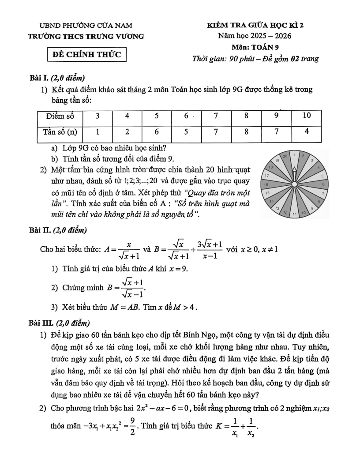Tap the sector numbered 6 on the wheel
[x=323, y=184]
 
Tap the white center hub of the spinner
[x=293, y=184]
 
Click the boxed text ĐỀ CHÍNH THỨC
[x=87, y=55]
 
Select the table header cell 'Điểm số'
[x=60, y=116]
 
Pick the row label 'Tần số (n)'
[x=60, y=131]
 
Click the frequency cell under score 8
[x=247, y=131]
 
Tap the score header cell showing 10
[x=307, y=116]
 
